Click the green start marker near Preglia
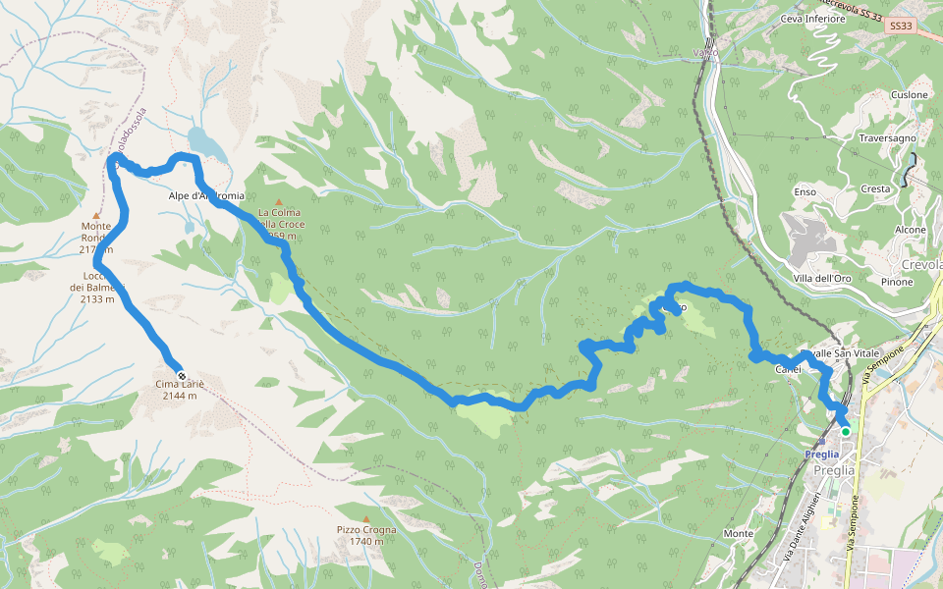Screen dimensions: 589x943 click(845, 431)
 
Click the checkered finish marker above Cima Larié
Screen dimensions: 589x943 click(181, 374)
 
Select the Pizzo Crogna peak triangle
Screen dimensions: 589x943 click(366, 519)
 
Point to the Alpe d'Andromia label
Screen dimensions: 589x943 click(205, 195)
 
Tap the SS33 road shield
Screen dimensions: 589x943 click(899, 27)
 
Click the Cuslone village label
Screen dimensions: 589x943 click(909, 95)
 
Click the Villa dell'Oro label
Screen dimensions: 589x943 click(822, 279)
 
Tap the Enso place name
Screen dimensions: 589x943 click(804, 192)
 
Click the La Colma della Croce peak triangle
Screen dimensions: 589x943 click(278, 202)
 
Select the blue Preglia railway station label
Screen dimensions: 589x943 click(821, 454)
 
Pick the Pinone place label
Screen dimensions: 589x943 click(897, 282)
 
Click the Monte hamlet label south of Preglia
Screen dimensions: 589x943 click(738, 533)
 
